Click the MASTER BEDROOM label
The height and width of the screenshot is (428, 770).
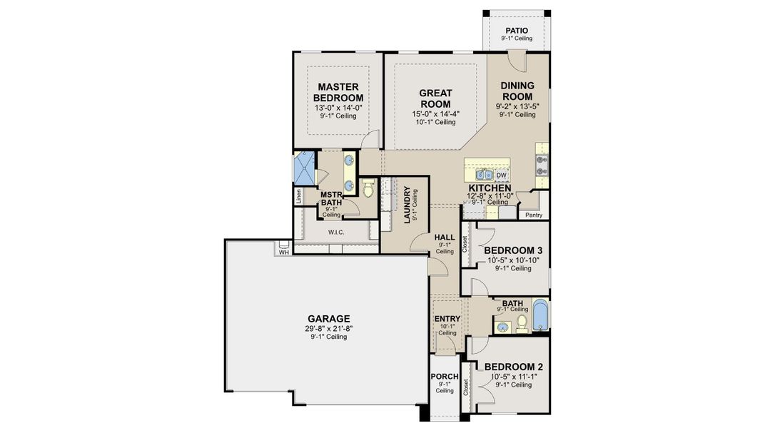[338, 92]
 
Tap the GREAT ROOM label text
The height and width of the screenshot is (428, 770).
[435, 98]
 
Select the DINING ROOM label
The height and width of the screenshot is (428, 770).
[517, 91]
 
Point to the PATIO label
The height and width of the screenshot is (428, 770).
[516, 31]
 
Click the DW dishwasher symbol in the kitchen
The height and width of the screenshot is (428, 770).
[502, 175]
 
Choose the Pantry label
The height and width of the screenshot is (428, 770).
[534, 215]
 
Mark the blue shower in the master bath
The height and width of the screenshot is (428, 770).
[305, 170]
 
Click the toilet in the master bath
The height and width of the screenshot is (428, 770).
[368, 189]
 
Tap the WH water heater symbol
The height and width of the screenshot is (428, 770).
[283, 250]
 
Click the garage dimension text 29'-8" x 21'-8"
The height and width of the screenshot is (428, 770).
[328, 328]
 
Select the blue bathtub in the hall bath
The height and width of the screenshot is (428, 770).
[540, 317]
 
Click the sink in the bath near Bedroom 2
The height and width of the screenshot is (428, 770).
[503, 327]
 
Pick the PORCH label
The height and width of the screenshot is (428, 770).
[445, 377]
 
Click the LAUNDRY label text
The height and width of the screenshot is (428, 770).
[407, 205]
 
